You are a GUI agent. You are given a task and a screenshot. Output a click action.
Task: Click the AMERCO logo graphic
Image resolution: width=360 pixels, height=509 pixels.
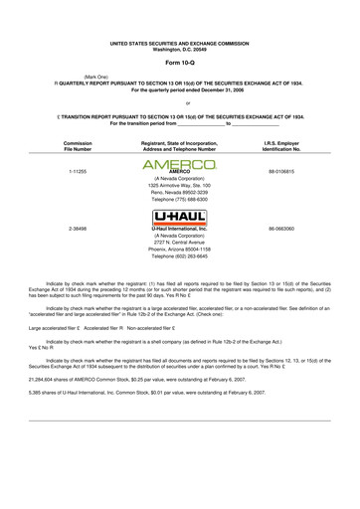pyautogui.click(x=180, y=199)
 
